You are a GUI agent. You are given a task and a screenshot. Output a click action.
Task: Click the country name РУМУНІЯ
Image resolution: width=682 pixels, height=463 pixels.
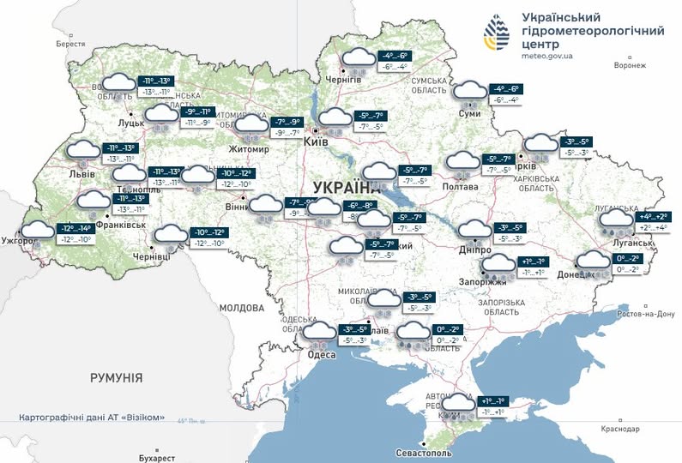[117, 377]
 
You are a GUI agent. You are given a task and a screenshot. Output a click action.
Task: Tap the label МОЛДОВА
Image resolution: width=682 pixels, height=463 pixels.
[243, 308]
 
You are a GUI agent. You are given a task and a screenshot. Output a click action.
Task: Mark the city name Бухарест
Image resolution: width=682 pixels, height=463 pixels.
[156, 458]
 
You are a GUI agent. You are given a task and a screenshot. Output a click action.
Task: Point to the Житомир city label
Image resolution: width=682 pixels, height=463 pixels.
[249, 149]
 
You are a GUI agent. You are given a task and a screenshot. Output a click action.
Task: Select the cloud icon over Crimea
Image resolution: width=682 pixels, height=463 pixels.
[458, 404]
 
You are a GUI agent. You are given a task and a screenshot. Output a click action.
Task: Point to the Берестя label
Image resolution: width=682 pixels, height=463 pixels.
[71, 43]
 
